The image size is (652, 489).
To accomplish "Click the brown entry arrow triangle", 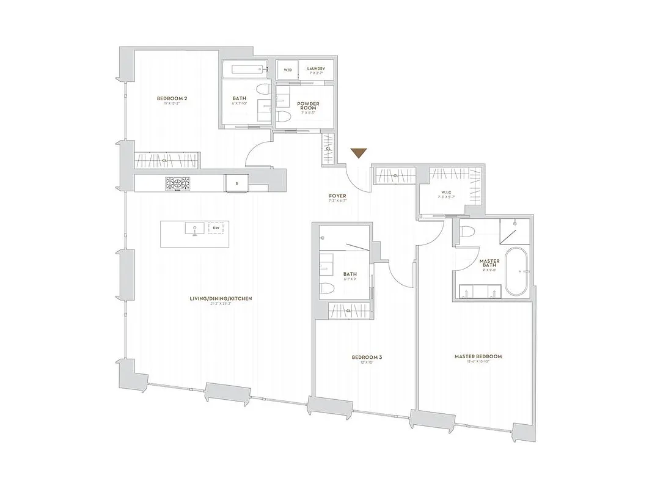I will coord(359,153).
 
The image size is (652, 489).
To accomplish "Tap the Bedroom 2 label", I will coord(171,99).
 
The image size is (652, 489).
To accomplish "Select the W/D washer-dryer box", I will coord(287,70).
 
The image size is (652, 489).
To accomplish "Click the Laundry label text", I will coord(316,69).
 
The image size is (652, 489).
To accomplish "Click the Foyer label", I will coord(337,196).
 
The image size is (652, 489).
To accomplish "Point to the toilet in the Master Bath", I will coord(468,232).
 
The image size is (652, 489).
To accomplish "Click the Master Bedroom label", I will coord(478,356).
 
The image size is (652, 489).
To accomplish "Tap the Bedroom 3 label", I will coord(367,357).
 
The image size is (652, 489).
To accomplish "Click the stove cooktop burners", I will coord(177,183).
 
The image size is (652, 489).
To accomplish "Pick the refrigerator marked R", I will coord(236,183).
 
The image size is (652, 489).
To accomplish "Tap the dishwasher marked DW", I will coord(215,229).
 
